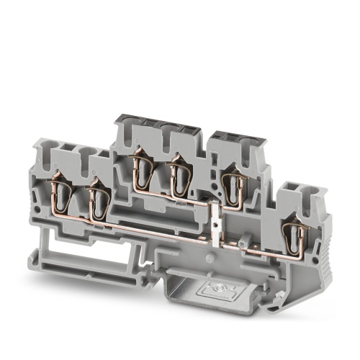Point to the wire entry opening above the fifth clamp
pos(230,144)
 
